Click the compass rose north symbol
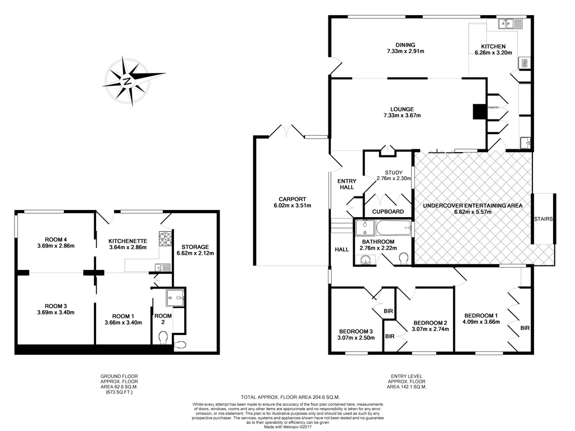pyautogui.click(x=128, y=81)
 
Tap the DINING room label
pyautogui.click(x=404, y=45)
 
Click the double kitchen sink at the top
pyautogui.click(x=510, y=24)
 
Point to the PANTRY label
pyautogui.click(x=494, y=107)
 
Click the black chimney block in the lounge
pyautogui.click(x=479, y=112)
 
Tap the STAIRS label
pyautogui.click(x=544, y=219)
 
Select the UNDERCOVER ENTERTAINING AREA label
pyautogui.click(x=472, y=206)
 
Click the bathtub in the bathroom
pyautogui.click(x=391, y=228)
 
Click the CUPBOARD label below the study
pyautogui.click(x=388, y=212)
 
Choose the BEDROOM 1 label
pyautogui.click(x=480, y=315)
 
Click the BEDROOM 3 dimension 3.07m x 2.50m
pyautogui.click(x=355, y=337)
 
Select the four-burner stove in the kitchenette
pyautogui.click(x=166, y=240)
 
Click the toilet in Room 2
pyautogui.click(x=163, y=337)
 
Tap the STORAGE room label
pyautogui.click(x=195, y=247)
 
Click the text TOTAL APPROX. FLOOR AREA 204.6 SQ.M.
pyautogui.click(x=290, y=396)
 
